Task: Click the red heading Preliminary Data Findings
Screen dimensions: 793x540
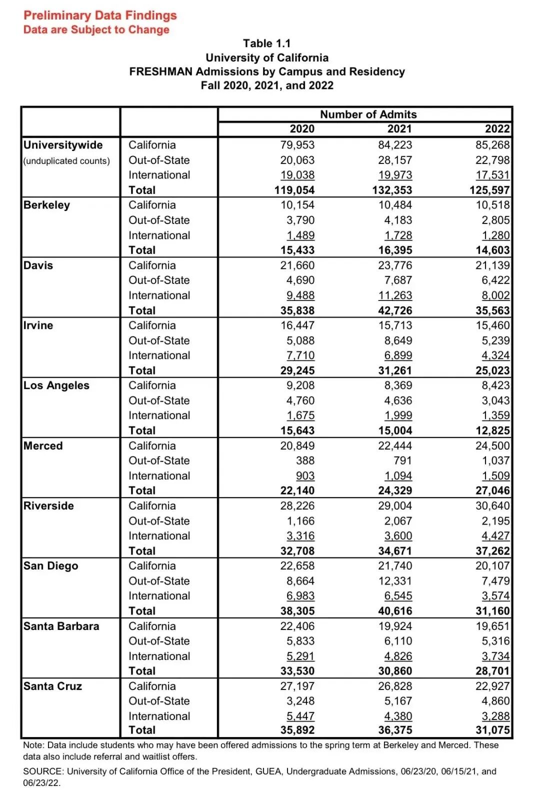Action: [x=100, y=15]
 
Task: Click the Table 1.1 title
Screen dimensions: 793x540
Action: [x=266, y=43]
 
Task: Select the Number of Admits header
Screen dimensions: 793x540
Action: [x=368, y=114]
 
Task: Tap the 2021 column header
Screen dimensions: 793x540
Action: [x=399, y=129]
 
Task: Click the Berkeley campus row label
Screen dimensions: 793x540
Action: [x=46, y=205]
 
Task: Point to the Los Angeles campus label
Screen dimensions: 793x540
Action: [x=56, y=385]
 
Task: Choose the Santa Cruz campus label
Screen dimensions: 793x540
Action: [x=52, y=686]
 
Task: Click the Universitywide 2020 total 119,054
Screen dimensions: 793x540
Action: [x=294, y=190]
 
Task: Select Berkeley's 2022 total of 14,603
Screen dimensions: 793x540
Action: [x=492, y=250]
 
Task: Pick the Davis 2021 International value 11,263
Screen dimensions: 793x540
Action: [x=395, y=295]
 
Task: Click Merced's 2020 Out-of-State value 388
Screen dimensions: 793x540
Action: [x=305, y=460]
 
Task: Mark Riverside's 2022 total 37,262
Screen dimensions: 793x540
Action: [x=492, y=551]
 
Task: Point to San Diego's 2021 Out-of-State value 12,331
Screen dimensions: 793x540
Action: [x=395, y=581]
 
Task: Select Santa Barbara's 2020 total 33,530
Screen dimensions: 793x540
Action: [x=297, y=671]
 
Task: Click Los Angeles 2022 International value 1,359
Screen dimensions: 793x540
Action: [x=495, y=415]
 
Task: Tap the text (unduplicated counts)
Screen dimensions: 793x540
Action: [x=66, y=161]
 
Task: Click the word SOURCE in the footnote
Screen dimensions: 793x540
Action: [x=43, y=771]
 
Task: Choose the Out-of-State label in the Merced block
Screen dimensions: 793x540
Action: [x=159, y=460]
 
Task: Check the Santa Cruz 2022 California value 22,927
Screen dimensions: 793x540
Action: [x=492, y=686]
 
